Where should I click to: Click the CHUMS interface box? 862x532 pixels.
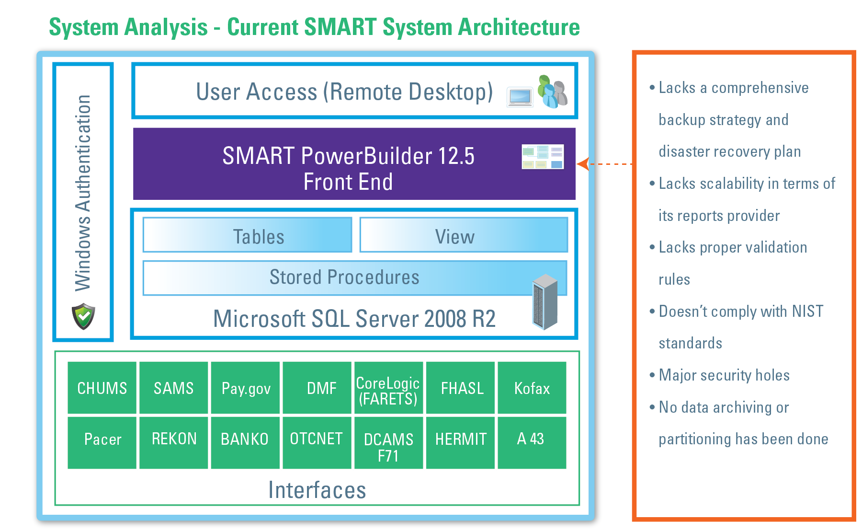click(102, 388)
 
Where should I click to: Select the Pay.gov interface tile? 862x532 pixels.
click(246, 388)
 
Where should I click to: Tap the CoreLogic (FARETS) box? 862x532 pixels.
click(388, 388)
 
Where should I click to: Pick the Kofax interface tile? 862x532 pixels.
click(532, 388)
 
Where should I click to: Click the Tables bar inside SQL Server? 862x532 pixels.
click(248, 235)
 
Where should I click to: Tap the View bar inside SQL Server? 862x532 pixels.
click(464, 235)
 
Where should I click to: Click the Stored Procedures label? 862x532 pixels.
click(344, 277)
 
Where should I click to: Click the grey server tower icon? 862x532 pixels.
click(545, 301)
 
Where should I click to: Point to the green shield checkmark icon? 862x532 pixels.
click(83, 316)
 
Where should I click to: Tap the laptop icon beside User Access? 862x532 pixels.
click(520, 96)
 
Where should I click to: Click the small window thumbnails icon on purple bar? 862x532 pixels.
click(543, 157)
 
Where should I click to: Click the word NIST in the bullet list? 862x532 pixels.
click(807, 311)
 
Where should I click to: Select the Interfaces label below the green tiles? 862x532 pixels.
click(317, 490)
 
